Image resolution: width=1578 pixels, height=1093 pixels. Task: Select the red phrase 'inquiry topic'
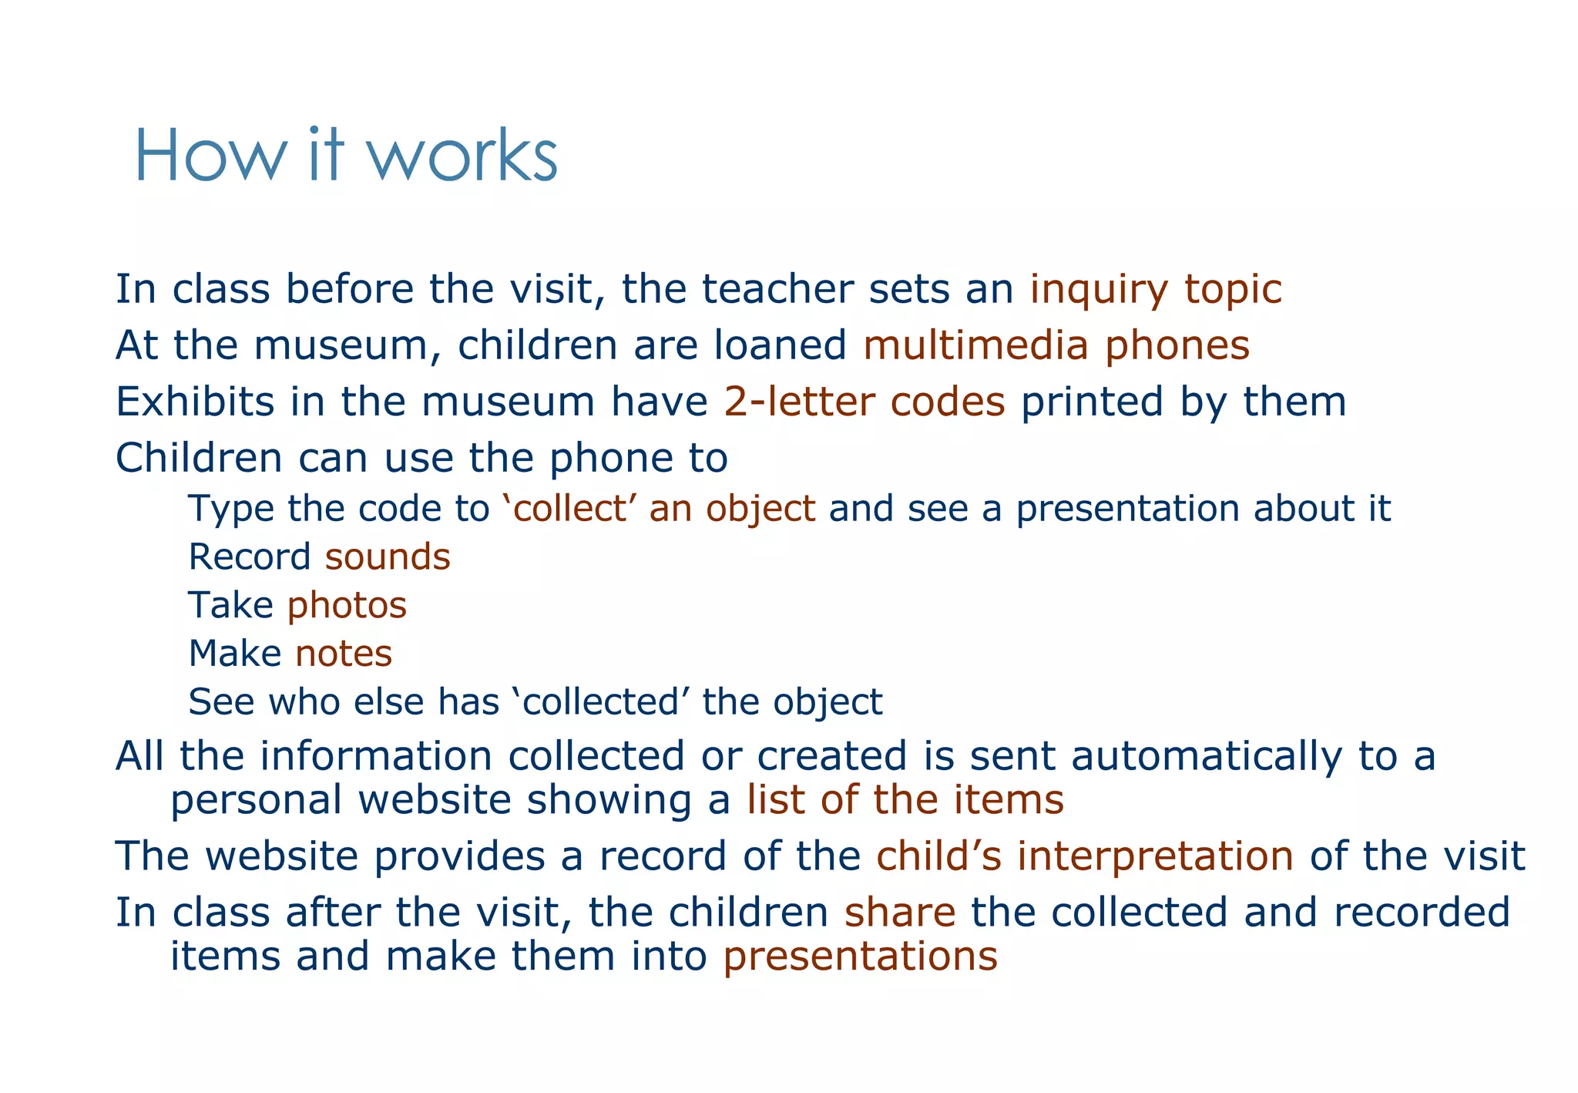(1156, 290)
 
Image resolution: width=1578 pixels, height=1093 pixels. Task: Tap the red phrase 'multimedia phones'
(1056, 345)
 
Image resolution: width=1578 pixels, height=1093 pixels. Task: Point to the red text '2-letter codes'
(865, 402)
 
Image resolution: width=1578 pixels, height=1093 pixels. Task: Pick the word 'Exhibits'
(194, 402)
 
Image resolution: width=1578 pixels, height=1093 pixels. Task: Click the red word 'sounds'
(388, 557)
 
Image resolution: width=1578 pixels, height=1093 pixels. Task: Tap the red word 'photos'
(347, 606)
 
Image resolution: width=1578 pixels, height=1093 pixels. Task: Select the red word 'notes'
(344, 654)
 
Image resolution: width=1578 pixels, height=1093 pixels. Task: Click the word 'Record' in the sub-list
(250, 557)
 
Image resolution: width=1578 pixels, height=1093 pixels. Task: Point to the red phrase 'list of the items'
(905, 799)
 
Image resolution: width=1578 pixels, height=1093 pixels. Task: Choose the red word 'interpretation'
(1154, 856)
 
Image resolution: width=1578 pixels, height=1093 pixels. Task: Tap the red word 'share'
(900, 913)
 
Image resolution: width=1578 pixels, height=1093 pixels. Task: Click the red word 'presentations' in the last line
(860, 957)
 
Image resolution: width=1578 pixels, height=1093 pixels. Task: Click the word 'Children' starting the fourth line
(199, 458)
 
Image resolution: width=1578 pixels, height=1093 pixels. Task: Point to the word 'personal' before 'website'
(256, 799)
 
